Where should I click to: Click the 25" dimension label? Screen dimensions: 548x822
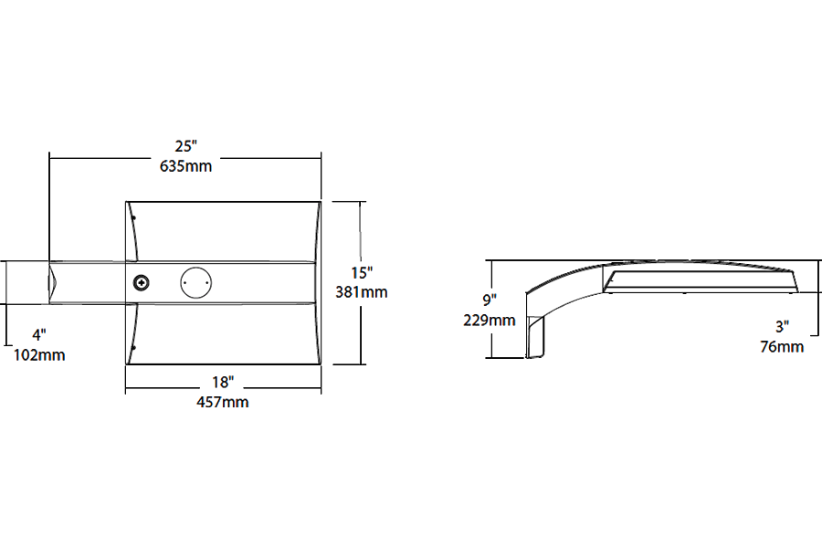(x=186, y=146)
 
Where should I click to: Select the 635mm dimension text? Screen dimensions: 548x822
(x=186, y=165)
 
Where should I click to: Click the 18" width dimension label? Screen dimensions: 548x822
(x=224, y=382)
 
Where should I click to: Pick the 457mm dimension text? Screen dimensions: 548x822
(x=224, y=402)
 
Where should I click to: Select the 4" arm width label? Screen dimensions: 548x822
(x=39, y=335)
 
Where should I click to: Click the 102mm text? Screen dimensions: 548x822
(x=39, y=354)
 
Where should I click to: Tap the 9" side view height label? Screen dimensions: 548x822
(x=490, y=300)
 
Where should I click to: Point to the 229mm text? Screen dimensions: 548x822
(x=490, y=320)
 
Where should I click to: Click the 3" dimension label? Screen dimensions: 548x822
(x=782, y=326)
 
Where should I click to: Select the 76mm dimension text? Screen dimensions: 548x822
(x=782, y=346)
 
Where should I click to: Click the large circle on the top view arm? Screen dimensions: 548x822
(x=195, y=282)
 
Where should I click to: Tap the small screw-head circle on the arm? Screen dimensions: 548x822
(x=142, y=283)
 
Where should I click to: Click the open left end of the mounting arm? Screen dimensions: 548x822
(x=53, y=282)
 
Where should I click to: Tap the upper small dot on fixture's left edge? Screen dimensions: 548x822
(x=133, y=217)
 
